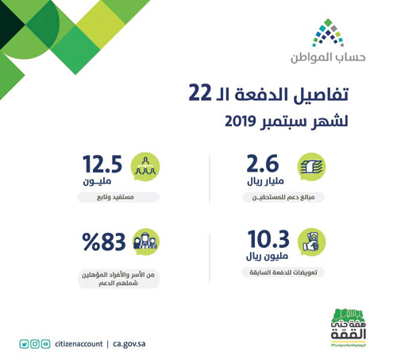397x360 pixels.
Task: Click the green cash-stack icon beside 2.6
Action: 311,168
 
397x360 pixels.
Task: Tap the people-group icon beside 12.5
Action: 145,168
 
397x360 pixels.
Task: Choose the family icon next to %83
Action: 145,242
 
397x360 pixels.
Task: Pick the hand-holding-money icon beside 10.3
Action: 311,242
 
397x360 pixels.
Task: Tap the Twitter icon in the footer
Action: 24,344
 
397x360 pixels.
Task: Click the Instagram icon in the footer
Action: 35,344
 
